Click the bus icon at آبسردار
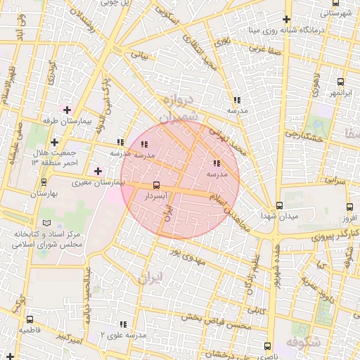155,186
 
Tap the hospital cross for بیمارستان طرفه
67,110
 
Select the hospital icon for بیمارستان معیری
98,171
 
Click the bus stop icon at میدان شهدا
280,205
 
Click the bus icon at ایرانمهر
341,82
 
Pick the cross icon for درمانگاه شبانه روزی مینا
285,20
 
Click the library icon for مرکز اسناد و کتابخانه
47,222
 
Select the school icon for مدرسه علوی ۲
123,324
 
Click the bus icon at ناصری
266,345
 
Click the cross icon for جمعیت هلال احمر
54,143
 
